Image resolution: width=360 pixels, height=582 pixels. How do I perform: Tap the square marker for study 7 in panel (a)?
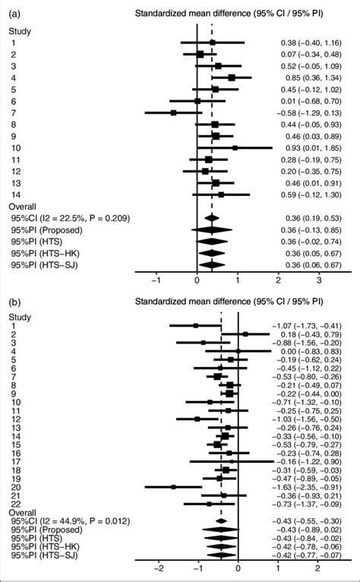click(x=173, y=112)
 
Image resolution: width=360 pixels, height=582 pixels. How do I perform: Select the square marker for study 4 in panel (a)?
click(x=232, y=77)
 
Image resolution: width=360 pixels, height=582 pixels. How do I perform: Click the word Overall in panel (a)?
click(x=22, y=206)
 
